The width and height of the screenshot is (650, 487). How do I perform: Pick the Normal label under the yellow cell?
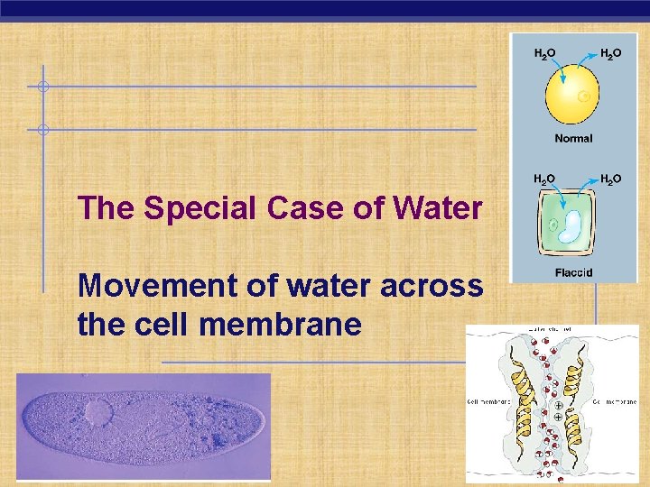tap(573, 138)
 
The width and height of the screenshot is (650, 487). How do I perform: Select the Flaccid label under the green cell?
tap(573, 272)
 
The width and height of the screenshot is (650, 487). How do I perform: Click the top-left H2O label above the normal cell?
tap(544, 53)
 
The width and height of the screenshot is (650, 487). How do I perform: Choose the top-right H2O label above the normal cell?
tap(610, 53)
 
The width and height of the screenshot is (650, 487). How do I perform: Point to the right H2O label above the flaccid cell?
tap(610, 179)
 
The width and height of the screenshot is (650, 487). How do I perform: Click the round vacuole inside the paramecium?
tap(99, 414)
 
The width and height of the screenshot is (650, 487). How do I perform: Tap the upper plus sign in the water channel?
tap(558, 406)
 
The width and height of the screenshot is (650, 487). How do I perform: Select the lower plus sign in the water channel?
tap(558, 418)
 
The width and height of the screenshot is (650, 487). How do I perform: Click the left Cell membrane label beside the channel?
tap(488, 401)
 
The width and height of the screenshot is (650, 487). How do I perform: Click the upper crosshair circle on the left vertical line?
tap(42, 87)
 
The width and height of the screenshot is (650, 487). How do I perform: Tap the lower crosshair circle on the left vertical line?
tap(42, 130)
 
